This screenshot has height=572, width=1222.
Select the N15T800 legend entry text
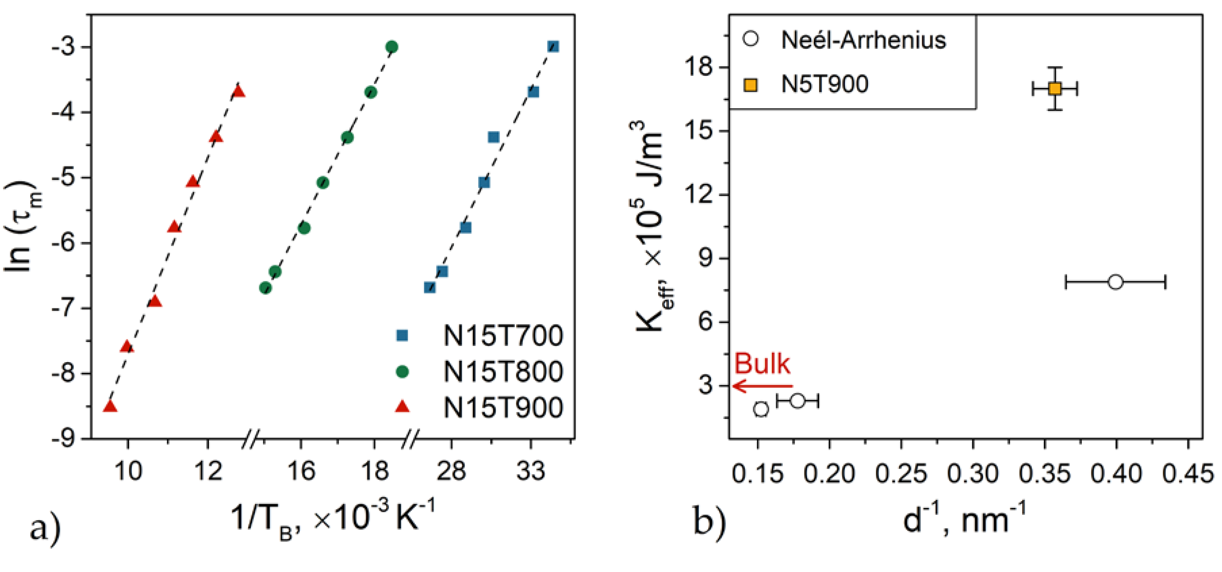[x=503, y=371]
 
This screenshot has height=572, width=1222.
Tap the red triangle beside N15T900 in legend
[x=402, y=406]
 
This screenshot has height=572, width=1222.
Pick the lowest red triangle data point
[x=110, y=406]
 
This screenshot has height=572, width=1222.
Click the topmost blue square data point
[x=553, y=46]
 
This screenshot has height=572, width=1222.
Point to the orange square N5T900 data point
[x=1054, y=88]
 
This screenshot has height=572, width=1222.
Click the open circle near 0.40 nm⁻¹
[x=1116, y=282]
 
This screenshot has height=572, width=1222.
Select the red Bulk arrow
[x=762, y=386]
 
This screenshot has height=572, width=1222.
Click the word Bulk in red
[x=762, y=364]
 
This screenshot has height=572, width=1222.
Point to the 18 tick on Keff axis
[x=699, y=68]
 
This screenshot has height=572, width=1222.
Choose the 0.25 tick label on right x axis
[x=901, y=474]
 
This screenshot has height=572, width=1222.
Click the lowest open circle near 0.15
[x=761, y=409]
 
